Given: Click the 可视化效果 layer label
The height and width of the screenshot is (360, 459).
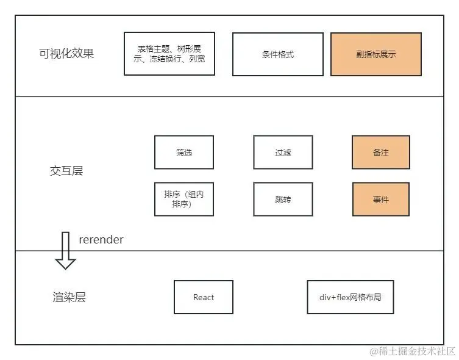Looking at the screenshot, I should pyautogui.click(x=66, y=53).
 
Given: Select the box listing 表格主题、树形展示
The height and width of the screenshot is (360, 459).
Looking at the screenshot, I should pyautogui.click(x=169, y=54).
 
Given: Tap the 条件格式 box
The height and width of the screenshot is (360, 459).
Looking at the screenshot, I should pyautogui.click(x=278, y=54).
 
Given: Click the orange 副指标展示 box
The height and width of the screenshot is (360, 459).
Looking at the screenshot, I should pyautogui.click(x=376, y=54).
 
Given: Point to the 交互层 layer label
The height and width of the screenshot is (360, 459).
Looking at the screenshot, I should pyautogui.click(x=66, y=171).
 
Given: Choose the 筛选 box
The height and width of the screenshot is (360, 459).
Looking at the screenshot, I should pyautogui.click(x=184, y=153).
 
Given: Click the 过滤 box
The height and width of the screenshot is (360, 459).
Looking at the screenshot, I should pyautogui.click(x=283, y=153).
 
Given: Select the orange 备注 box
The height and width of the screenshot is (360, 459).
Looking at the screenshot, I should pyautogui.click(x=381, y=153).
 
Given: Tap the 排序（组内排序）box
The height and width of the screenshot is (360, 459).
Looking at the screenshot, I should pyautogui.click(x=184, y=199).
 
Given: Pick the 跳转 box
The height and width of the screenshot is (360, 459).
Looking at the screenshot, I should pyautogui.click(x=283, y=199).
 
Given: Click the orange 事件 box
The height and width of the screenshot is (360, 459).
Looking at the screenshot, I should pyautogui.click(x=381, y=199).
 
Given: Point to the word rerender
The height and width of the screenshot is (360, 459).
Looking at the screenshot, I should pyautogui.click(x=101, y=240).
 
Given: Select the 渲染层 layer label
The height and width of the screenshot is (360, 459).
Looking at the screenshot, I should pyautogui.click(x=69, y=297).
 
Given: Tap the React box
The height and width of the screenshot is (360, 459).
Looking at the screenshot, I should pyautogui.click(x=204, y=297).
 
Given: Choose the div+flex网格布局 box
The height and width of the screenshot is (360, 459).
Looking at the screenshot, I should pyautogui.click(x=350, y=297).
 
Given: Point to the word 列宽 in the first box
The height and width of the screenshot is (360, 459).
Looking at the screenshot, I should pyautogui.click(x=197, y=59).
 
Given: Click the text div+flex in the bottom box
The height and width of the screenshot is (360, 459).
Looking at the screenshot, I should pyautogui.click(x=333, y=297).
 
